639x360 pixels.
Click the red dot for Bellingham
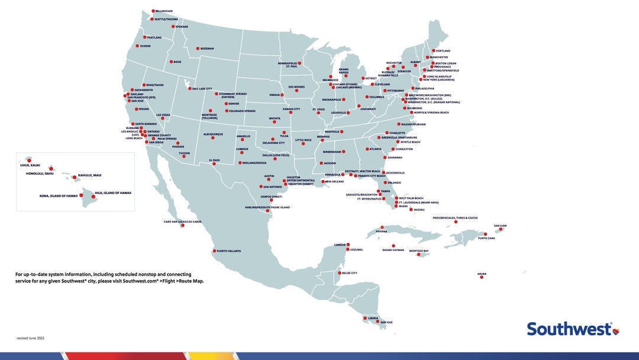(x=153, y=11)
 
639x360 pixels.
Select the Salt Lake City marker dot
(x=189, y=89)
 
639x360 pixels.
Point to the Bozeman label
(x=207, y=49)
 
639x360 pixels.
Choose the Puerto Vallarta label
(x=230, y=251)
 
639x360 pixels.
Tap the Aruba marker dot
(x=482, y=277)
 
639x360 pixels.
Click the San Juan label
(x=501, y=226)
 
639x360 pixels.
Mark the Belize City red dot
(x=338, y=273)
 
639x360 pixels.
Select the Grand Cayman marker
(x=393, y=246)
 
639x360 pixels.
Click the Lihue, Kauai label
(x=30, y=165)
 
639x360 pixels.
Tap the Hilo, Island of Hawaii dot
(x=93, y=196)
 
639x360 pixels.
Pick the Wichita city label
(x=275, y=118)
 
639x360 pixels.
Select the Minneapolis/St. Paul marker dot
(x=299, y=63)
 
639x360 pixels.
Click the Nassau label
(x=419, y=210)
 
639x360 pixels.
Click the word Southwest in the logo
(x=569, y=329)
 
